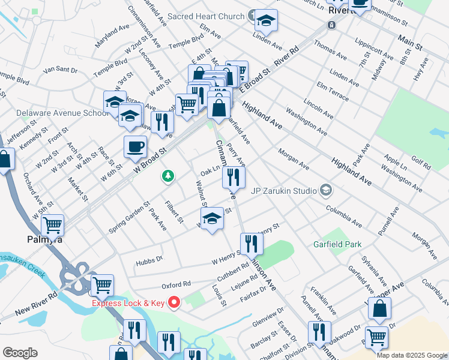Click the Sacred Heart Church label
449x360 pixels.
(x=207, y=16)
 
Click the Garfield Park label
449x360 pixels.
(x=337, y=244)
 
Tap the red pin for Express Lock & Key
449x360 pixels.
(x=175, y=302)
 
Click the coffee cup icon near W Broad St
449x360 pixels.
(x=135, y=146)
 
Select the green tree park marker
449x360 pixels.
(x=169, y=176)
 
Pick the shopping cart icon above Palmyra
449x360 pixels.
(x=52, y=225)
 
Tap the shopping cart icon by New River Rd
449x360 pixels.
(x=101, y=285)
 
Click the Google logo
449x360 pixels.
(x=20, y=352)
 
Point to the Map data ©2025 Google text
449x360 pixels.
(x=412, y=355)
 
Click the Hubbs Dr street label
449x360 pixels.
(x=149, y=259)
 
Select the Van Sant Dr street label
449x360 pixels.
(x=61, y=70)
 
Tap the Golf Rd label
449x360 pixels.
(x=421, y=163)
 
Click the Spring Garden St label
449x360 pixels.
(x=128, y=217)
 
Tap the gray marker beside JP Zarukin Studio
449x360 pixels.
(x=326, y=191)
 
